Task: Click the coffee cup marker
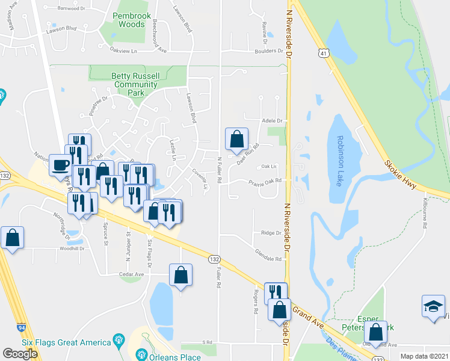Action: click(61, 165)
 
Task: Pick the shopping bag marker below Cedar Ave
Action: click(180, 276)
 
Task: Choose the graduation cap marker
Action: click(433, 306)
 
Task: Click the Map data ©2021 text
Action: click(424, 356)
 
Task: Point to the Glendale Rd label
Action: click(268, 259)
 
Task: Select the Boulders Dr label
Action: click(268, 51)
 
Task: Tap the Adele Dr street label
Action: click(272, 120)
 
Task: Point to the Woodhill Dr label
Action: click(74, 248)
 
